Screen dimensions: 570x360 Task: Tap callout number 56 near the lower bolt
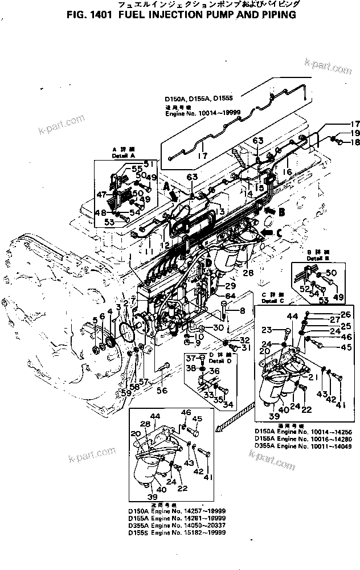pyautogui.click(x=162, y=391)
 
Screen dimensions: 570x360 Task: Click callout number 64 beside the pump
pyautogui.click(x=230, y=296)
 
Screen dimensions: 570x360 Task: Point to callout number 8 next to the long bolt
pyautogui.click(x=242, y=311)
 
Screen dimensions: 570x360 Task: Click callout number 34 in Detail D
pyautogui.click(x=228, y=405)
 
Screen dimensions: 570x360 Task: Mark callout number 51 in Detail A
pyautogui.click(x=150, y=163)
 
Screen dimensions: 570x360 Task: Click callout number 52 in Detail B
pyautogui.click(x=304, y=289)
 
